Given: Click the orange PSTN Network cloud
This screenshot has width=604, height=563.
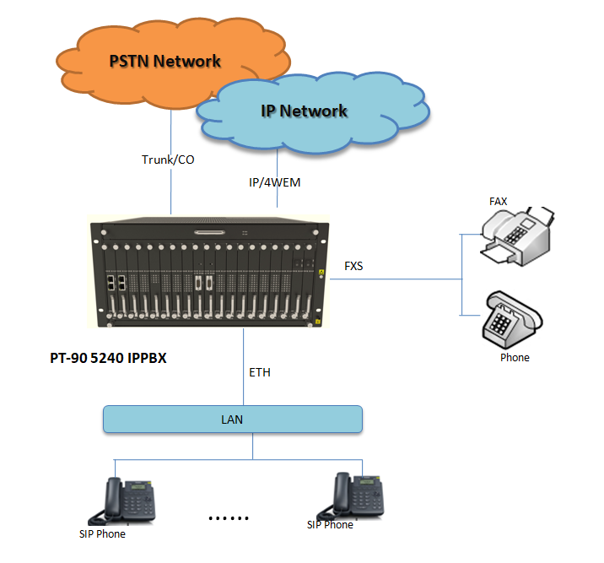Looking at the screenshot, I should [x=135, y=63].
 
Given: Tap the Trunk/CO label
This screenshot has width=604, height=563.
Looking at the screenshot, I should [x=168, y=159].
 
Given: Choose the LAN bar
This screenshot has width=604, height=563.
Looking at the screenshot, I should [x=233, y=419].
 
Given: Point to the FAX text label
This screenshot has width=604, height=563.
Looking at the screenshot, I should [x=499, y=202].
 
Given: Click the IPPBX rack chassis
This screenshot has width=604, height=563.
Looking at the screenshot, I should [x=208, y=273].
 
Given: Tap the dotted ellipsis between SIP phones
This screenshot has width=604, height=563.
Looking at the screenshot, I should [x=229, y=517].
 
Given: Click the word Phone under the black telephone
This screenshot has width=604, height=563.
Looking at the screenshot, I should [x=515, y=357].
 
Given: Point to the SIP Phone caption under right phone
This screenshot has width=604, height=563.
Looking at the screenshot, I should [x=330, y=524].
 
